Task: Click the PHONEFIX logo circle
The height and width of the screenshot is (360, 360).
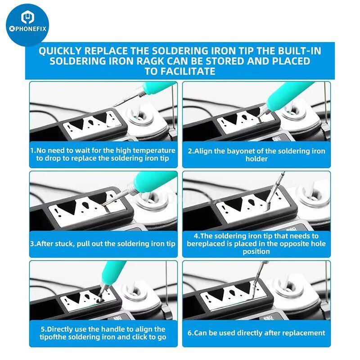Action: pos(27,25)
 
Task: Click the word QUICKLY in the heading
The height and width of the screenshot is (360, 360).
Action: pos(60,51)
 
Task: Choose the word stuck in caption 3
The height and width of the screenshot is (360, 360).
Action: pos(64,243)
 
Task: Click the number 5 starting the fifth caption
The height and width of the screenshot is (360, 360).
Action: pos(43,329)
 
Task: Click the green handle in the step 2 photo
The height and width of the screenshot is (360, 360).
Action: pos(288,94)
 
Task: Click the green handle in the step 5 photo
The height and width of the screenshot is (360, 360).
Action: pos(113,273)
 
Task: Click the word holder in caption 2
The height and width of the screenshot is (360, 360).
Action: pos(256,159)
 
